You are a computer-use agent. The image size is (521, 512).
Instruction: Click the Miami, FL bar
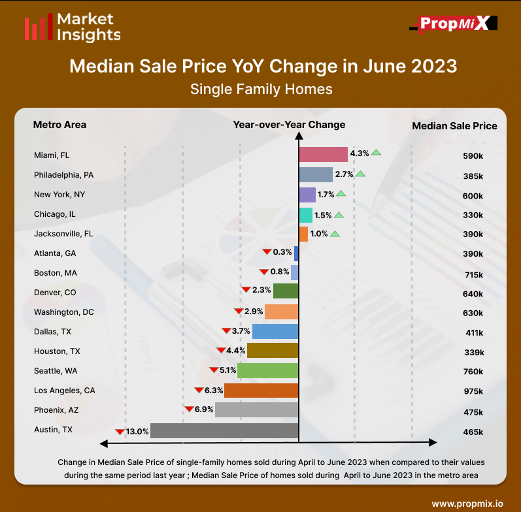[x=323, y=154]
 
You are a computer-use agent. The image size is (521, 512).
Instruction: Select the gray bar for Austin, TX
[x=224, y=431]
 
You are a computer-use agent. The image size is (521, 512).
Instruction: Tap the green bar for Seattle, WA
[x=268, y=371]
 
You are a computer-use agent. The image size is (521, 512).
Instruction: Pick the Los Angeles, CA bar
[x=261, y=391]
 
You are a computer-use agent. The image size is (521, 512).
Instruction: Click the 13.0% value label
[x=137, y=431]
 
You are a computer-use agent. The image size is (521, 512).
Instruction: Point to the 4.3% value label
[x=360, y=153]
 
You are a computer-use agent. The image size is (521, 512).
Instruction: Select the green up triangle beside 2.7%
[x=361, y=174]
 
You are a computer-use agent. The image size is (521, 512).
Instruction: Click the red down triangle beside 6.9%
[x=189, y=409]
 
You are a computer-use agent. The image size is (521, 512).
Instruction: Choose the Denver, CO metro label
[x=55, y=292]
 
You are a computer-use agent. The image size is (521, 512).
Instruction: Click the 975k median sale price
[x=473, y=392]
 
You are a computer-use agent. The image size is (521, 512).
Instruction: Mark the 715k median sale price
[x=473, y=275]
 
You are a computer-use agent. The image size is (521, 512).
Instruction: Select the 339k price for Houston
[x=473, y=353]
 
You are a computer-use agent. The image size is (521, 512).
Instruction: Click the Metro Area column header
[x=59, y=125]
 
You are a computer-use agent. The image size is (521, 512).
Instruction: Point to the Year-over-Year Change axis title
[x=289, y=125]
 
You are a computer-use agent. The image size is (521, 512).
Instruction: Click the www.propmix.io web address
[x=467, y=504]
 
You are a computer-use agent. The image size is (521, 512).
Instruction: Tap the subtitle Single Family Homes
[x=261, y=89]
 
